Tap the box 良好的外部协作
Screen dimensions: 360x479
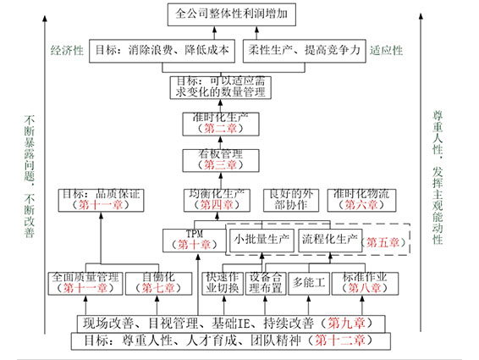(289, 199)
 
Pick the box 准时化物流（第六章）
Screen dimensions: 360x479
(361, 199)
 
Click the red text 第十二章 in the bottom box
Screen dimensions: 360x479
(335, 341)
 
